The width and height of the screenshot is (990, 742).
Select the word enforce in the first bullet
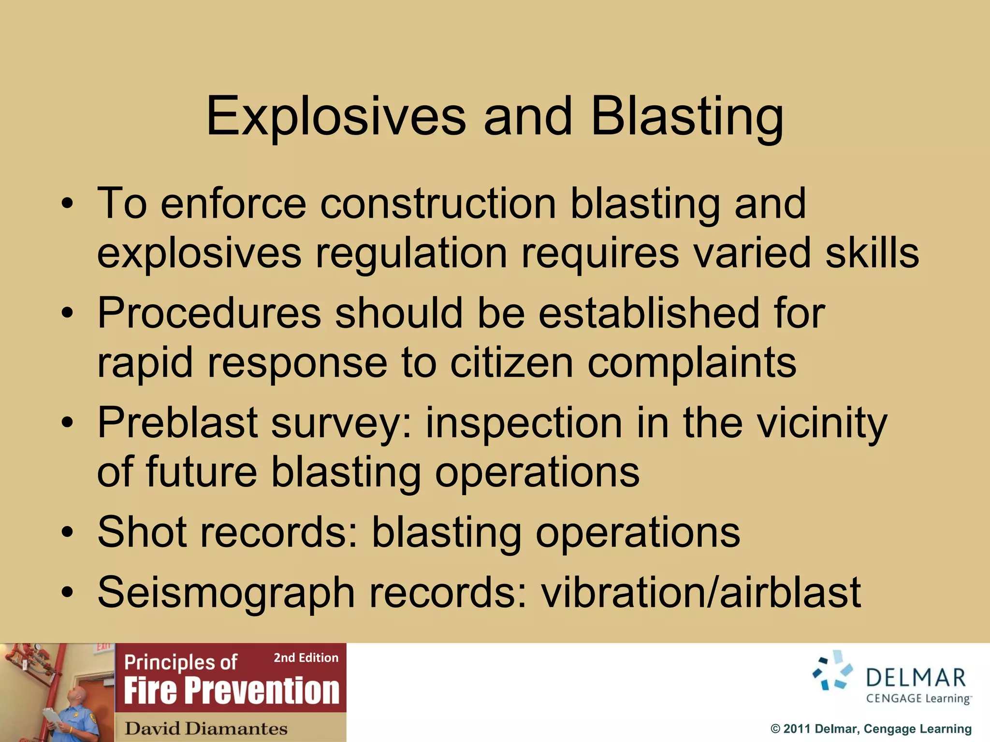(x=233, y=204)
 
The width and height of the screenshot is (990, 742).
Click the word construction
(x=438, y=204)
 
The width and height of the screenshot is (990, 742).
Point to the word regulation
(x=411, y=254)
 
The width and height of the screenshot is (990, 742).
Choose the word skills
(x=872, y=254)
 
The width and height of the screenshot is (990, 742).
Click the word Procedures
(x=209, y=313)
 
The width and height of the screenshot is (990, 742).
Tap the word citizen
(x=511, y=363)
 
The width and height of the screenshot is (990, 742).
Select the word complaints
(x=692, y=363)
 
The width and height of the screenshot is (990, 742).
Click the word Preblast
(x=177, y=423)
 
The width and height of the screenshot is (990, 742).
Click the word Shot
(x=142, y=532)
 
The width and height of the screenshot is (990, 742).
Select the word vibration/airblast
(x=701, y=593)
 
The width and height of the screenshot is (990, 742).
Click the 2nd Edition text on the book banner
(x=306, y=658)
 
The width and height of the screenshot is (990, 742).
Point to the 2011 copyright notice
(x=871, y=729)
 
